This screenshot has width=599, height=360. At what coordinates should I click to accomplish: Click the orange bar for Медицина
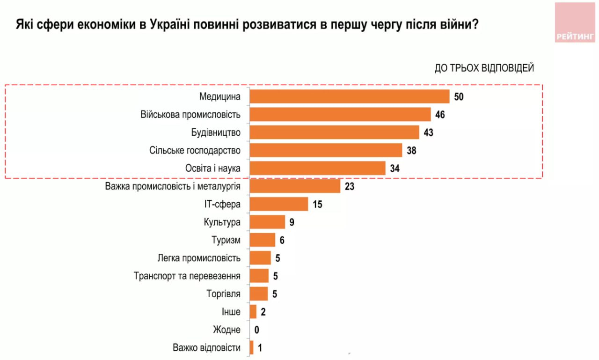point(349,96)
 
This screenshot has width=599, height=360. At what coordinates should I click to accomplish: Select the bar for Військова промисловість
point(340,114)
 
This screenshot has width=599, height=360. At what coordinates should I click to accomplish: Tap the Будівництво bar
point(334,132)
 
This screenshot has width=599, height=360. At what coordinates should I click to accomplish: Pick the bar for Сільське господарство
point(326,150)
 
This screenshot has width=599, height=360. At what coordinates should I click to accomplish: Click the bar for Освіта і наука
point(317,168)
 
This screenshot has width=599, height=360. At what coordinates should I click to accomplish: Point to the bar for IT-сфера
point(278,204)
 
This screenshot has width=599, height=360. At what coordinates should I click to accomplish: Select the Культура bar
point(267,222)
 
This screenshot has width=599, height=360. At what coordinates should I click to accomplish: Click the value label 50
point(458,97)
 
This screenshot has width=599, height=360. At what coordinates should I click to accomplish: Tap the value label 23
point(350,186)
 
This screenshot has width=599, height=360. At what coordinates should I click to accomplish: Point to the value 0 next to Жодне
point(257,330)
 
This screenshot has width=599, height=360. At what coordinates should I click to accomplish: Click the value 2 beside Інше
point(263,312)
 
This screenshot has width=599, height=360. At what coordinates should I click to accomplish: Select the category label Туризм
point(226,240)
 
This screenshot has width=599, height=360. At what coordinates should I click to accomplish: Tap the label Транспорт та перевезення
point(187,276)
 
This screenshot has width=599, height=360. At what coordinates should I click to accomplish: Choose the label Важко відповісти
point(206,348)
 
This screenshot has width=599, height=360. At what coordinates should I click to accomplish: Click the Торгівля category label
point(223,294)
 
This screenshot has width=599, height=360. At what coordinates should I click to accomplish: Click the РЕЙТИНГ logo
point(575,22)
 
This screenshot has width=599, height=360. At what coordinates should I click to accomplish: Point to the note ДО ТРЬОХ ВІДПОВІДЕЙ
point(484,68)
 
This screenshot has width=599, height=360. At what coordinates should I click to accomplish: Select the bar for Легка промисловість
point(260,258)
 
